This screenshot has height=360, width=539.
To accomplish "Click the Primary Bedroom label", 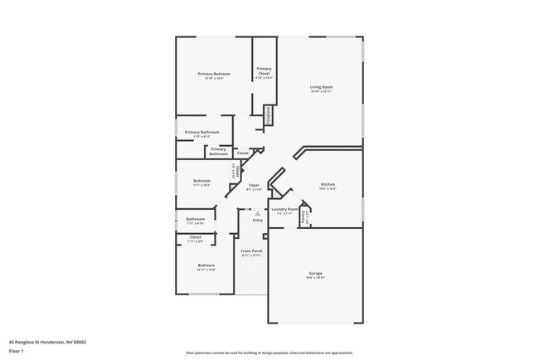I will (x=214, y=75).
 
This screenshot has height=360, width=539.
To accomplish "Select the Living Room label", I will (x=322, y=87).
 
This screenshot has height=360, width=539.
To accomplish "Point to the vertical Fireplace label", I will (x=269, y=115).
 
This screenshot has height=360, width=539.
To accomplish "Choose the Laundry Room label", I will (x=284, y=209).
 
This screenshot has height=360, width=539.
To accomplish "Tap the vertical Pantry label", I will (x=305, y=218).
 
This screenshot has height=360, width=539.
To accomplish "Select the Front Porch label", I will (x=251, y=251).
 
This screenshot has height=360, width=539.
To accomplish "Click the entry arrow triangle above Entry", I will (x=257, y=213).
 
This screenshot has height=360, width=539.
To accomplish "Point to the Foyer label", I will (x=254, y=186).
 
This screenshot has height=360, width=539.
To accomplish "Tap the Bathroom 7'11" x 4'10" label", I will (x=195, y=219).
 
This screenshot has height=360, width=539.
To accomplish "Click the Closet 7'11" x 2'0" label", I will (x=196, y=237).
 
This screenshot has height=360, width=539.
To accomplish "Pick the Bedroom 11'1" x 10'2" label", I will (x=202, y=180).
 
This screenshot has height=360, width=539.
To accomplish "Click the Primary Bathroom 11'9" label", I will (x=202, y=132).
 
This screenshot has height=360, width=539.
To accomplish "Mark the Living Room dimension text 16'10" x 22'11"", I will (x=322, y=92).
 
